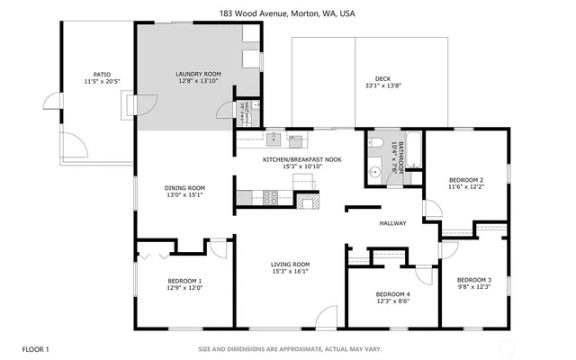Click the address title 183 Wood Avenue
[287, 14]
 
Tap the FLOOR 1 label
[36, 348]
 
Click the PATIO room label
[102, 75]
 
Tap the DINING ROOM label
[184, 188]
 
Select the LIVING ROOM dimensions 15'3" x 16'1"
[290, 272]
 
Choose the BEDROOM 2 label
[466, 180]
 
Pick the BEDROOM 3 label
[473, 280]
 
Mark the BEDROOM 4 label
[392, 294]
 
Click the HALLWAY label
[392, 223]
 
